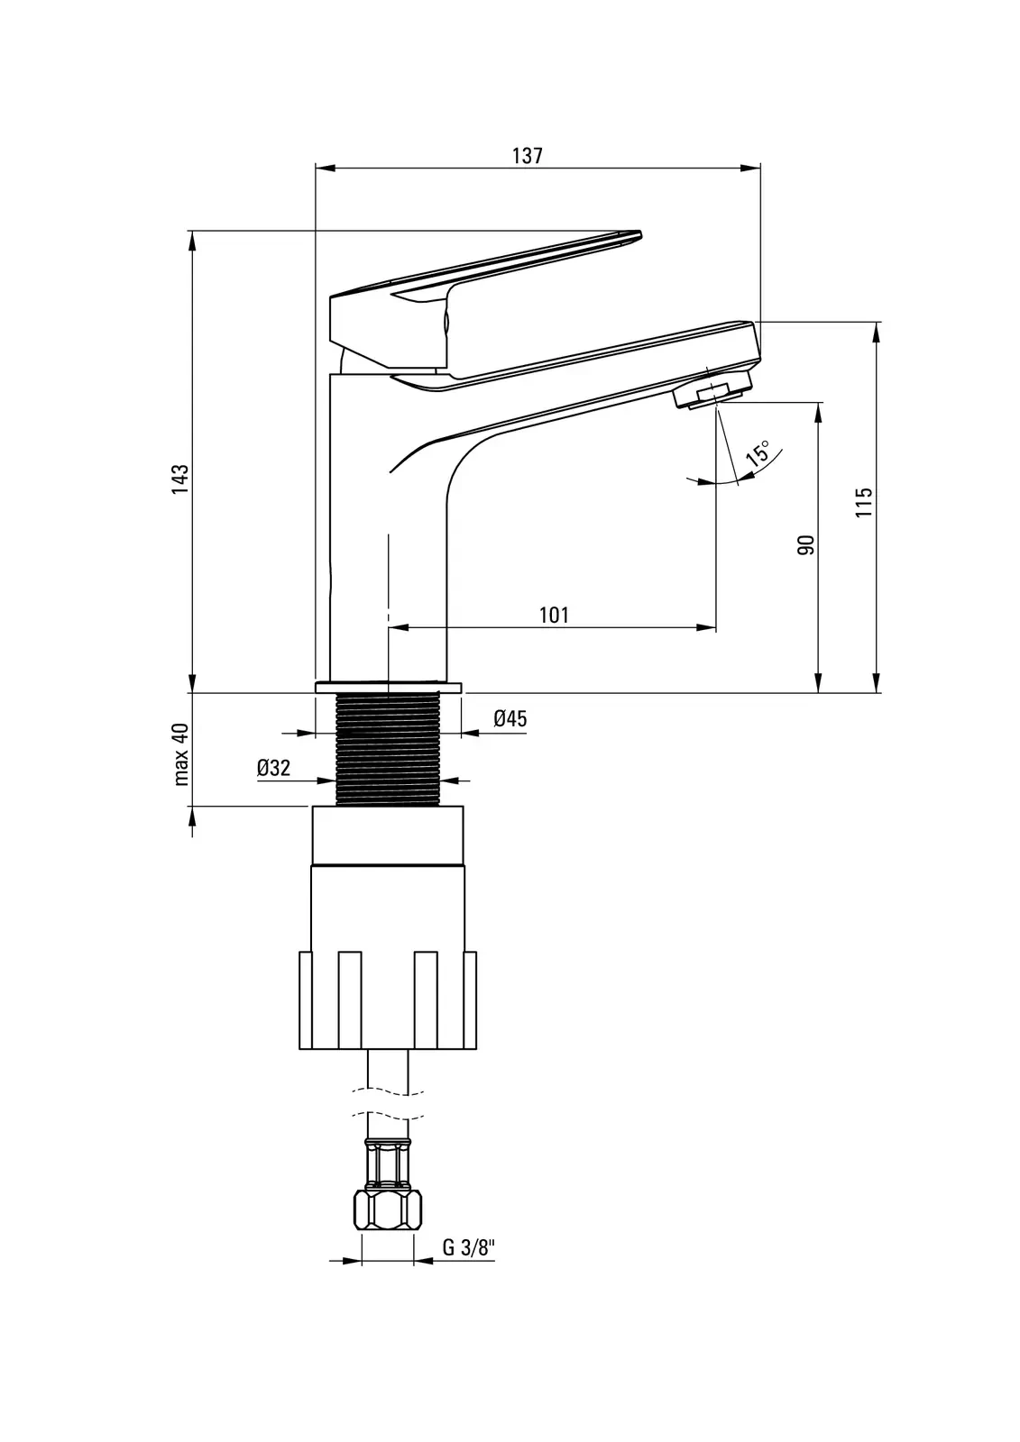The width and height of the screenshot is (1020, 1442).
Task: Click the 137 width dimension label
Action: click(x=527, y=156)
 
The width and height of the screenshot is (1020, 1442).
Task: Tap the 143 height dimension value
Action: click(x=179, y=479)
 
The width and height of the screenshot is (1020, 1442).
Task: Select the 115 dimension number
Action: click(x=863, y=502)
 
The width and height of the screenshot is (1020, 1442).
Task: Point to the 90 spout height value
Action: click(x=806, y=544)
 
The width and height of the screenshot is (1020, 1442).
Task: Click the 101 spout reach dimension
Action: click(x=554, y=616)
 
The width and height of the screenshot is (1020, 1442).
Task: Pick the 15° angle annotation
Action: click(x=758, y=452)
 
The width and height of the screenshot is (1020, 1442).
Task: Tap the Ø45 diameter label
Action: click(x=510, y=718)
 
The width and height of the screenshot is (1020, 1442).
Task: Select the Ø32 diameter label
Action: click(x=273, y=768)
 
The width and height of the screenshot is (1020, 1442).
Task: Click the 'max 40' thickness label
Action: click(x=181, y=753)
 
